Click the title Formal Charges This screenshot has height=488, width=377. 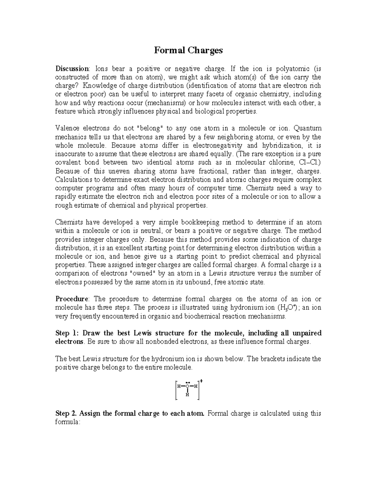(x=188, y=50)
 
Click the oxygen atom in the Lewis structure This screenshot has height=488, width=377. (x=187, y=387)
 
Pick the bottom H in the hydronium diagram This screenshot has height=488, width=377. (x=187, y=395)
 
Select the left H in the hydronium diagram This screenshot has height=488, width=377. (x=178, y=387)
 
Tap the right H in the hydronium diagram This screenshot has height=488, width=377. (x=196, y=387)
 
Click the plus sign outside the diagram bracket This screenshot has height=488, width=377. (x=201, y=381)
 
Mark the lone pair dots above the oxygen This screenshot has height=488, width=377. (x=187, y=382)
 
